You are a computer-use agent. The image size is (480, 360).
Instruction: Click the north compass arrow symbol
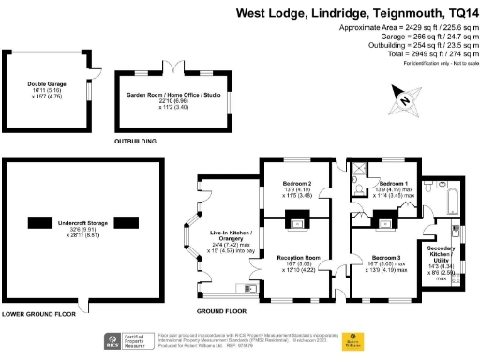403,97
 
